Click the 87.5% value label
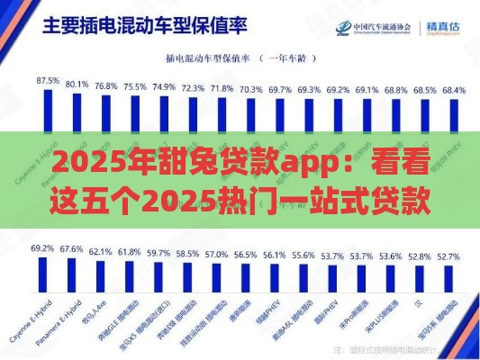pos(47,81)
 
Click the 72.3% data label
pos(193,88)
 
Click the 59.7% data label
pos(158,253)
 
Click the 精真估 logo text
pos(448,26)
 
